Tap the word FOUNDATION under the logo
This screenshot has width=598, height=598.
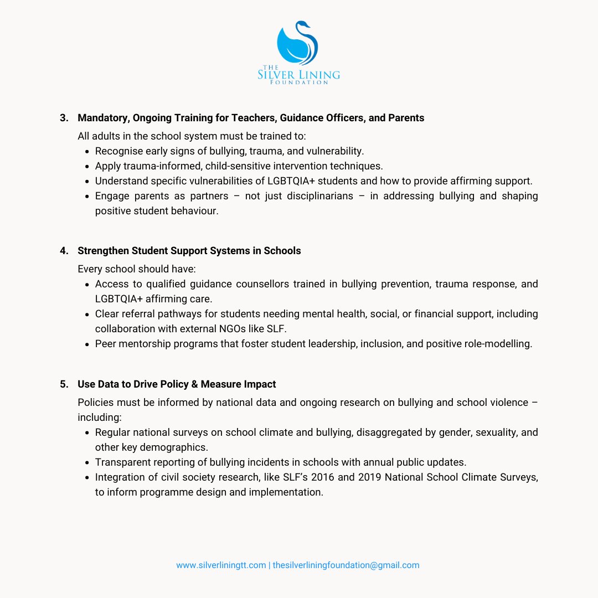pos(299,82)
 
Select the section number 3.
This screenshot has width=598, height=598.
pos(64,118)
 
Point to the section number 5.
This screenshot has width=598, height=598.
pos(64,384)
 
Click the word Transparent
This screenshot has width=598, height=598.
pos(122,462)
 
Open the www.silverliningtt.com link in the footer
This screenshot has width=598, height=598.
pos(221,565)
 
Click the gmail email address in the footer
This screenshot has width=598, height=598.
pos(346,565)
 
